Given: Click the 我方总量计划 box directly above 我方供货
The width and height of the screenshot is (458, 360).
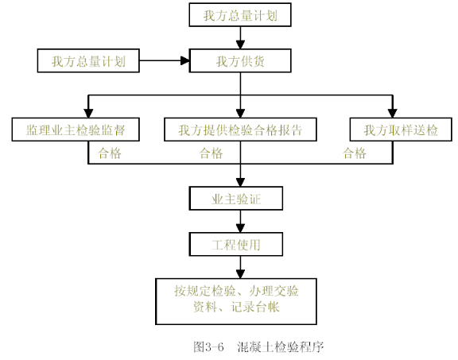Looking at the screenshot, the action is click(240, 15).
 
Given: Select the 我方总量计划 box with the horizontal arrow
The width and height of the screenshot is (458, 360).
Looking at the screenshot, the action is click(88, 60).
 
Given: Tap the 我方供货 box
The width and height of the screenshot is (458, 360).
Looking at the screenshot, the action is click(240, 60).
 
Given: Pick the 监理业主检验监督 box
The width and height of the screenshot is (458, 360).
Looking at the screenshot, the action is click(76, 130).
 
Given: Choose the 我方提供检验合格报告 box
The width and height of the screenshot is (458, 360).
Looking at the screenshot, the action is click(240, 130).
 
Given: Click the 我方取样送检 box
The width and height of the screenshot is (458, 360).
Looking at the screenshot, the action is click(401, 130).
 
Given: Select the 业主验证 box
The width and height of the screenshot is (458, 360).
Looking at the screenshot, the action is click(236, 199).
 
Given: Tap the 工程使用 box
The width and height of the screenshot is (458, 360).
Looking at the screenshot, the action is click(236, 245).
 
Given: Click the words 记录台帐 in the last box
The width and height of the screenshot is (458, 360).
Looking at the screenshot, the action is click(255, 308).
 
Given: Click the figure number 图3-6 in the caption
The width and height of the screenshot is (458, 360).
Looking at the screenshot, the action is click(208, 346).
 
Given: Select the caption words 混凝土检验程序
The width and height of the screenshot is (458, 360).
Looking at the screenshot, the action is click(281, 346).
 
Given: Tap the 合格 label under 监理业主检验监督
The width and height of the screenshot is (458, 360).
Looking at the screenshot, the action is click(109, 153).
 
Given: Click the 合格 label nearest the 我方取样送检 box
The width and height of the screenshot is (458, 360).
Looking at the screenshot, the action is click(355, 153).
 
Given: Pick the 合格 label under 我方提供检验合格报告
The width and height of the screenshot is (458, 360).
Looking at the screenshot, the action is click(211, 153).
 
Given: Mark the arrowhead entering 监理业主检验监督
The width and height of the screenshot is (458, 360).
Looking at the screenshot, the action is click(88, 114).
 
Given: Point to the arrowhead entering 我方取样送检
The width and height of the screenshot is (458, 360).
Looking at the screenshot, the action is click(392, 114).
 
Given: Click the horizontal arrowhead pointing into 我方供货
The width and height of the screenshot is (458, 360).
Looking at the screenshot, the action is click(185, 60).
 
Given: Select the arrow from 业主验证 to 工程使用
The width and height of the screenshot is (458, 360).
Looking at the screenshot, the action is click(240, 221).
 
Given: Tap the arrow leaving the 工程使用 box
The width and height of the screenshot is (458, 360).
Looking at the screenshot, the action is click(240, 268).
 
